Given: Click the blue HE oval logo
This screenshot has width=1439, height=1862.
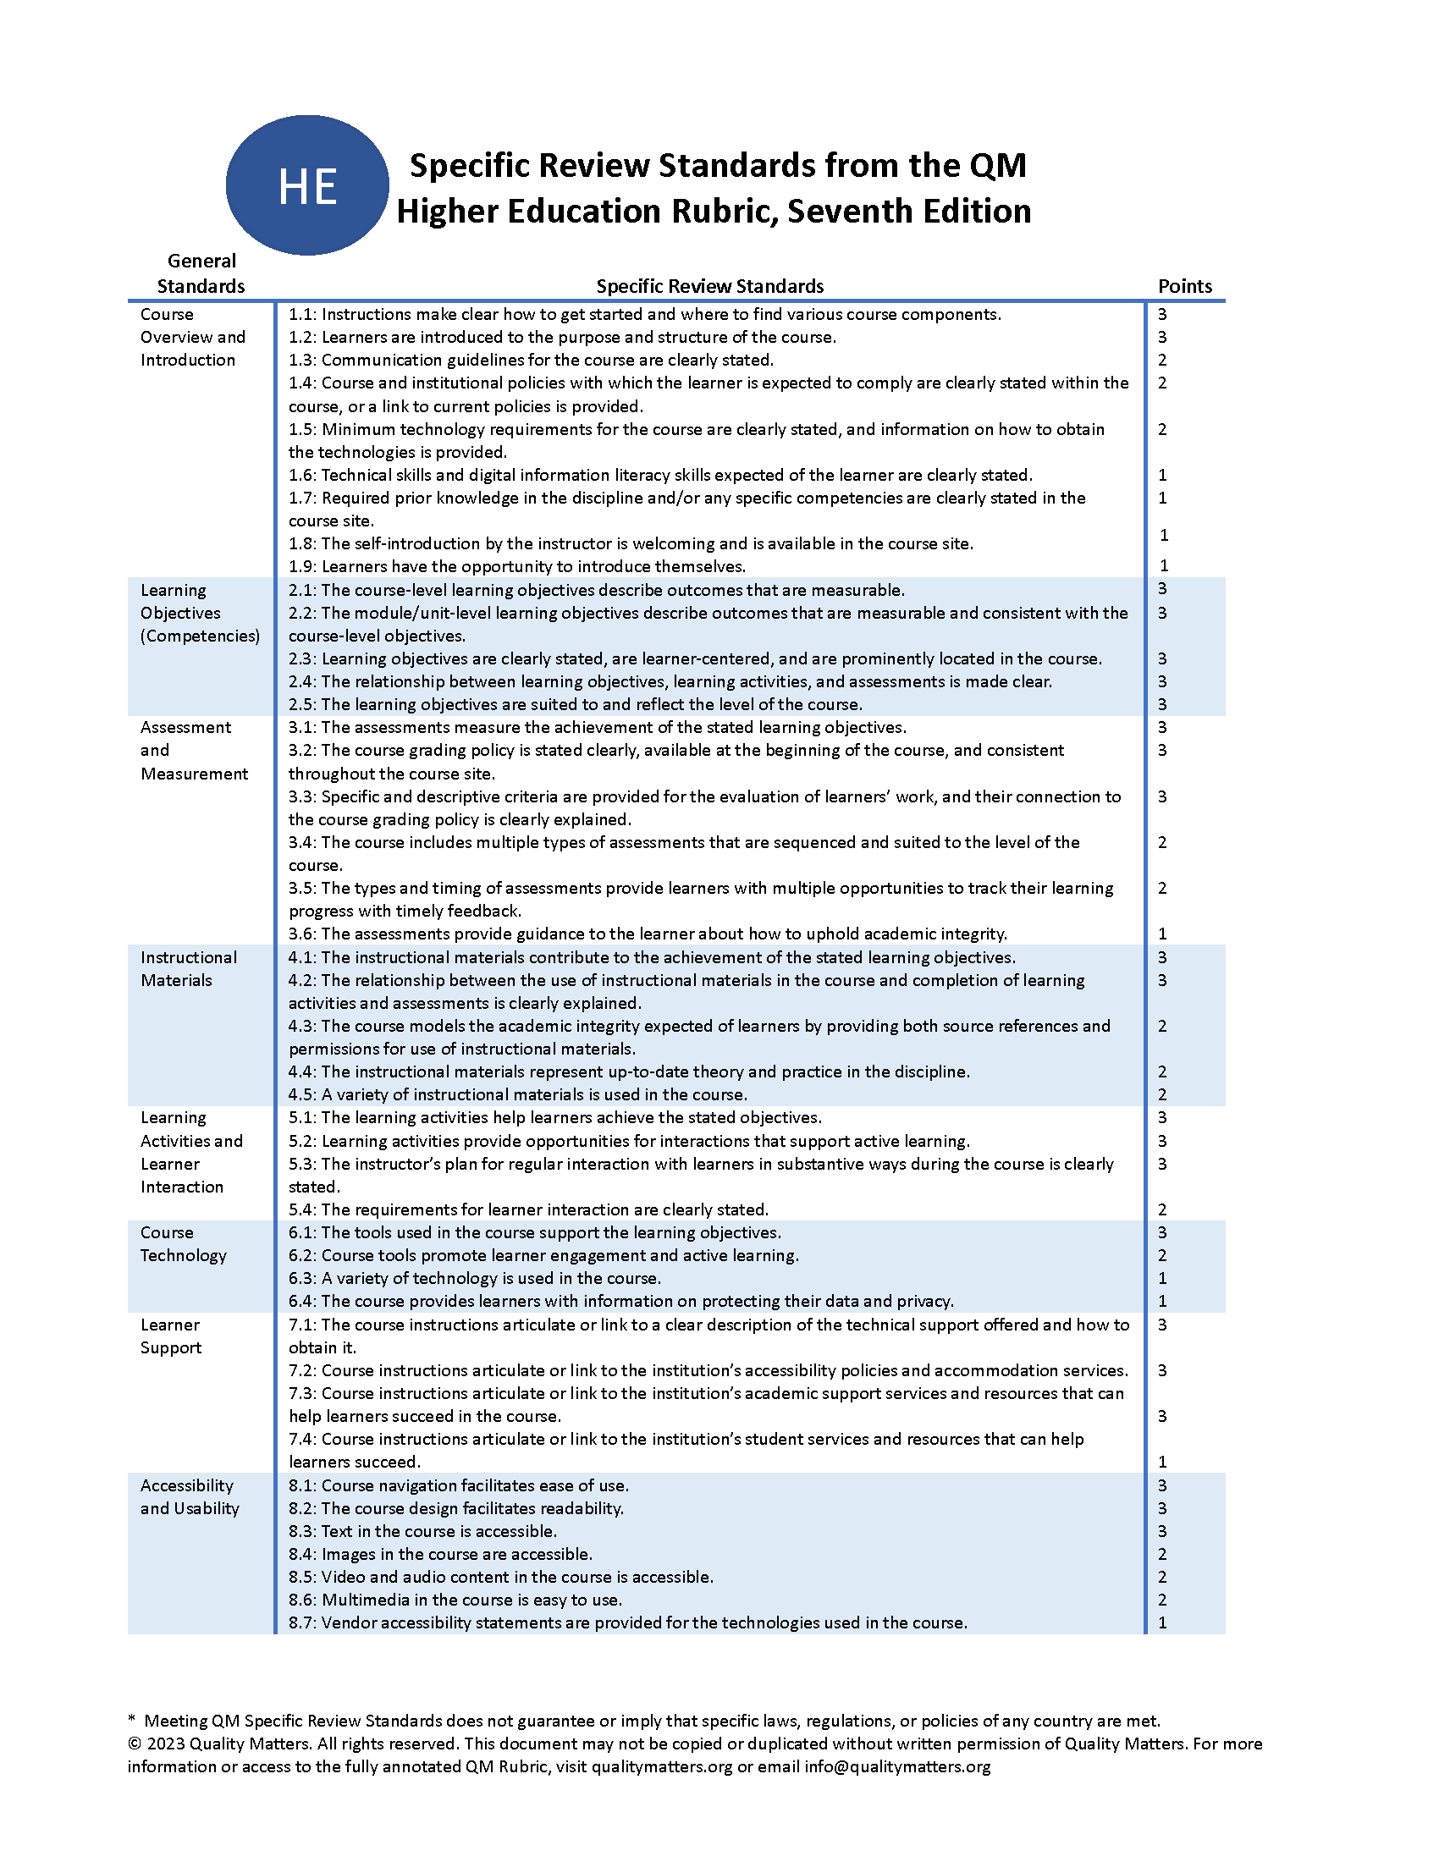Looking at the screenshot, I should pos(307,185).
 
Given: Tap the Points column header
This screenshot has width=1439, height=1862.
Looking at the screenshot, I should pos(1184,286).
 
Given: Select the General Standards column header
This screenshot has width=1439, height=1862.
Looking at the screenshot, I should pos(201,273).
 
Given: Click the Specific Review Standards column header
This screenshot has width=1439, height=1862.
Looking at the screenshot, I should pos(709,286).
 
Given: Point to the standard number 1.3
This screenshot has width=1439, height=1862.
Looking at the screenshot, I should pos(301,360).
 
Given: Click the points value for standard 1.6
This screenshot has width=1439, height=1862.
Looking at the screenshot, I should pos(1162,475).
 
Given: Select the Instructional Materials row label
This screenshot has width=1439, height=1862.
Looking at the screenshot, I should pos(189,968).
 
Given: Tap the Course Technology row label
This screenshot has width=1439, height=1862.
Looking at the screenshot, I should pos(184,1244).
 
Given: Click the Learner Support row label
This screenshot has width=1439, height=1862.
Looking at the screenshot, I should pos(170,1336).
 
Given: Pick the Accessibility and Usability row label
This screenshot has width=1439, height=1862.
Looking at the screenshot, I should pos(190,1496).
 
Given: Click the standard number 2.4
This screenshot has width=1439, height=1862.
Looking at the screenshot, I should pos(301,681).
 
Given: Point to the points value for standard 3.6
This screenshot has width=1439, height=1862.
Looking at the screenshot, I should pos(1162,934).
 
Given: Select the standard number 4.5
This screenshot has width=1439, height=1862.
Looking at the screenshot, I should pos(301,1094).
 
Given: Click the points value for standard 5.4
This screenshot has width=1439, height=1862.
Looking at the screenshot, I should pos(1162,1209).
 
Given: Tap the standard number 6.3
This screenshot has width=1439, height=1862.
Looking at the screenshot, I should pos(301,1278).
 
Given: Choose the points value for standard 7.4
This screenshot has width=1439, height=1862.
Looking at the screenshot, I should pos(1162,1462).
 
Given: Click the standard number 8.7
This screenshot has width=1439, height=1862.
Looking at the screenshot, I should pos(301,1622).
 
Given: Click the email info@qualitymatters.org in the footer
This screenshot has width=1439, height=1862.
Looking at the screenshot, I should pos(896,1766).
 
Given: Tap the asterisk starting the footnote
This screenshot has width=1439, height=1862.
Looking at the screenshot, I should pos(132,1720).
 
